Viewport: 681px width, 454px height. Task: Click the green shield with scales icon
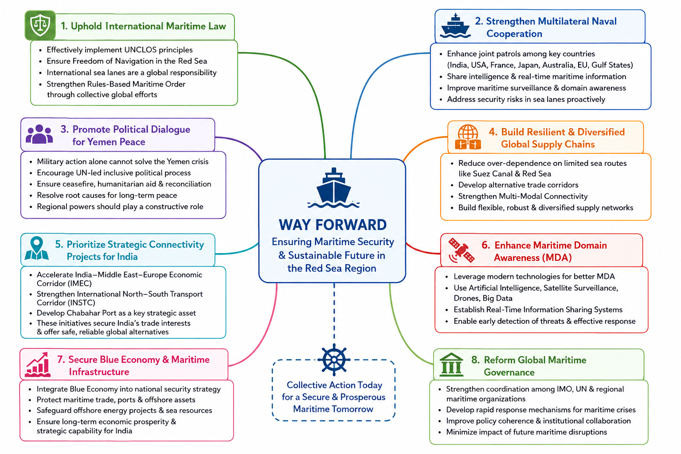point(40,26)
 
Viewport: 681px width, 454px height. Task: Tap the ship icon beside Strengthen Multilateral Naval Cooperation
point(455,26)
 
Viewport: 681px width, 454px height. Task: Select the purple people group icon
point(39,134)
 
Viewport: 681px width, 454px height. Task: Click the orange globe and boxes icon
point(468,137)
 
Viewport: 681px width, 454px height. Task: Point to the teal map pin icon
point(36,248)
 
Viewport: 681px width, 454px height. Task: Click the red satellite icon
point(461,250)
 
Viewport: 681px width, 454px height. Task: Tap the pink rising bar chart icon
point(38,364)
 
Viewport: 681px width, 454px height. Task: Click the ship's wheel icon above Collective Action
point(334,360)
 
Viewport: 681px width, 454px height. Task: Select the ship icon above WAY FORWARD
point(333,188)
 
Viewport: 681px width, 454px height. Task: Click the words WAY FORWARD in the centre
point(333,225)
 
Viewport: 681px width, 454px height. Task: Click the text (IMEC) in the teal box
point(64,284)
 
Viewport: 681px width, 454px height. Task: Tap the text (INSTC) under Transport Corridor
point(66,303)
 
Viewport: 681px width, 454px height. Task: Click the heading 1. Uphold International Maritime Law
point(143,26)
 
